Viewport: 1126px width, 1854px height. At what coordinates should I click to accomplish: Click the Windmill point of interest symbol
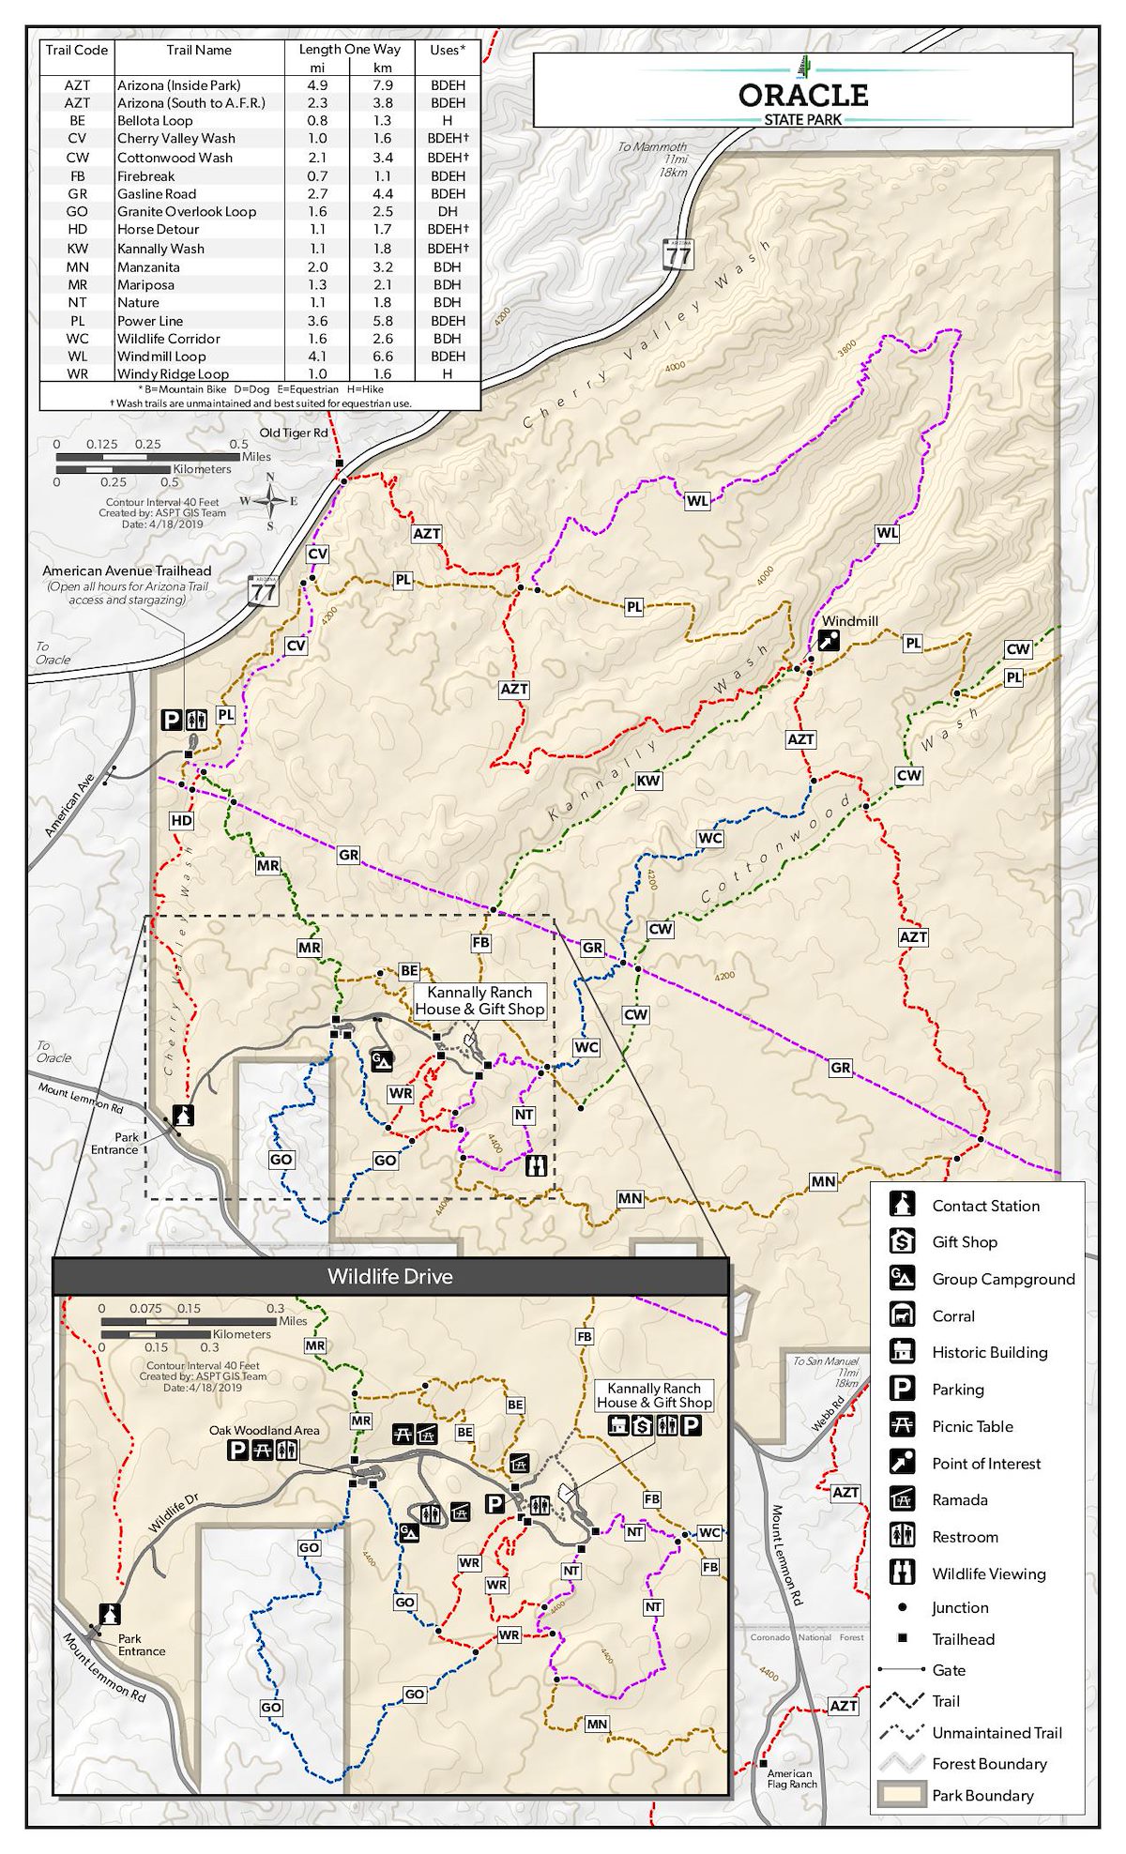(x=828, y=641)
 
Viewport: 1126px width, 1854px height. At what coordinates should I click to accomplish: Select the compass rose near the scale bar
(x=270, y=501)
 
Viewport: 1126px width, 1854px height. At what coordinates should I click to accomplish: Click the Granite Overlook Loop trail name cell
(x=186, y=212)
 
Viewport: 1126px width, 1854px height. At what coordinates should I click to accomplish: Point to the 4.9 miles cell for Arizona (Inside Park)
(x=317, y=85)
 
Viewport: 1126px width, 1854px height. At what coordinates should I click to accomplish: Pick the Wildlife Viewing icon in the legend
(x=902, y=1573)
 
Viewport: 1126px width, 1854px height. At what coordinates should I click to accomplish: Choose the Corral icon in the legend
(x=902, y=1315)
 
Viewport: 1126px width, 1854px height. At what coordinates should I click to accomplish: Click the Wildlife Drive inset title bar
(x=390, y=1277)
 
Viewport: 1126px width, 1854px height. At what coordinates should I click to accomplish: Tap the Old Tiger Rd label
(x=294, y=433)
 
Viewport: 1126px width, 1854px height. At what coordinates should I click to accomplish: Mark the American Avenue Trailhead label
(x=127, y=571)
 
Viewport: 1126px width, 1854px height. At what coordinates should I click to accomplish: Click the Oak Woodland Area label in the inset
(x=264, y=1431)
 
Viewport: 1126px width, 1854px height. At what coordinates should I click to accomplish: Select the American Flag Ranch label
(x=791, y=1779)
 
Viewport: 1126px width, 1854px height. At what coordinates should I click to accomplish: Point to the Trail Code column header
(x=77, y=51)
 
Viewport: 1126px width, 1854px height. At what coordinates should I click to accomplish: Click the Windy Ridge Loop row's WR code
(x=77, y=374)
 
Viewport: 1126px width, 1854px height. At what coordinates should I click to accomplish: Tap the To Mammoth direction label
(x=652, y=147)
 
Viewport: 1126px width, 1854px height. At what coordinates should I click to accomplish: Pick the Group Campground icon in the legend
(x=902, y=1278)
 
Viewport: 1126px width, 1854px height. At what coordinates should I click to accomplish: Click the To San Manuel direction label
(x=826, y=1360)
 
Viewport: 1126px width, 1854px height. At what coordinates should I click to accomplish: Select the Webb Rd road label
(x=828, y=1413)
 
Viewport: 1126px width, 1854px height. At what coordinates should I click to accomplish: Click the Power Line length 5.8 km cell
(x=382, y=321)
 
